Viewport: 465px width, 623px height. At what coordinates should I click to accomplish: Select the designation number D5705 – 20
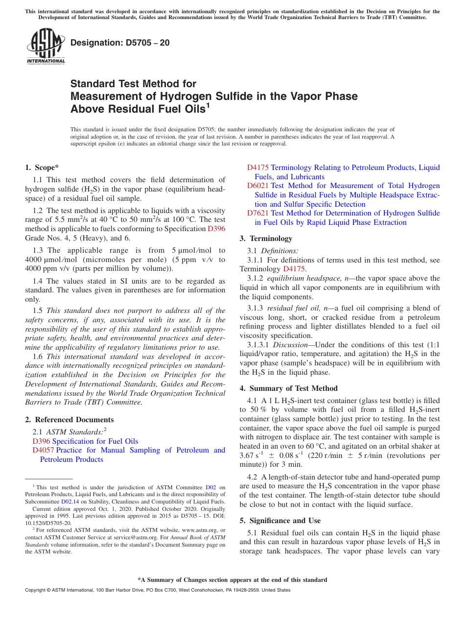tap(120, 43)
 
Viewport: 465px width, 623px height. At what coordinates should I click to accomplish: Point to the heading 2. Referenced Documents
tap(69, 420)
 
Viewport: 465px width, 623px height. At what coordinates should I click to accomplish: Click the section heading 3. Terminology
tap(266, 239)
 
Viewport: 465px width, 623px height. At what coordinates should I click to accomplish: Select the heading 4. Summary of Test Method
tap(288, 388)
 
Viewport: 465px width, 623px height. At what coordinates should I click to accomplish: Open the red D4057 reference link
tap(43, 450)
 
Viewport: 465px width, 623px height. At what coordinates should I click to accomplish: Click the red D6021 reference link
tap(257, 186)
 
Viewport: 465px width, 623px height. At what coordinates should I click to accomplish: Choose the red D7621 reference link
tap(257, 213)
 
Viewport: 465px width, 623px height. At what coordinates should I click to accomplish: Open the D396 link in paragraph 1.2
tap(216, 229)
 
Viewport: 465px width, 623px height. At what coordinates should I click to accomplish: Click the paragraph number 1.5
tap(38, 311)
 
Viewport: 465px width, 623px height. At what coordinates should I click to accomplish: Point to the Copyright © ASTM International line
tap(157, 590)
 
